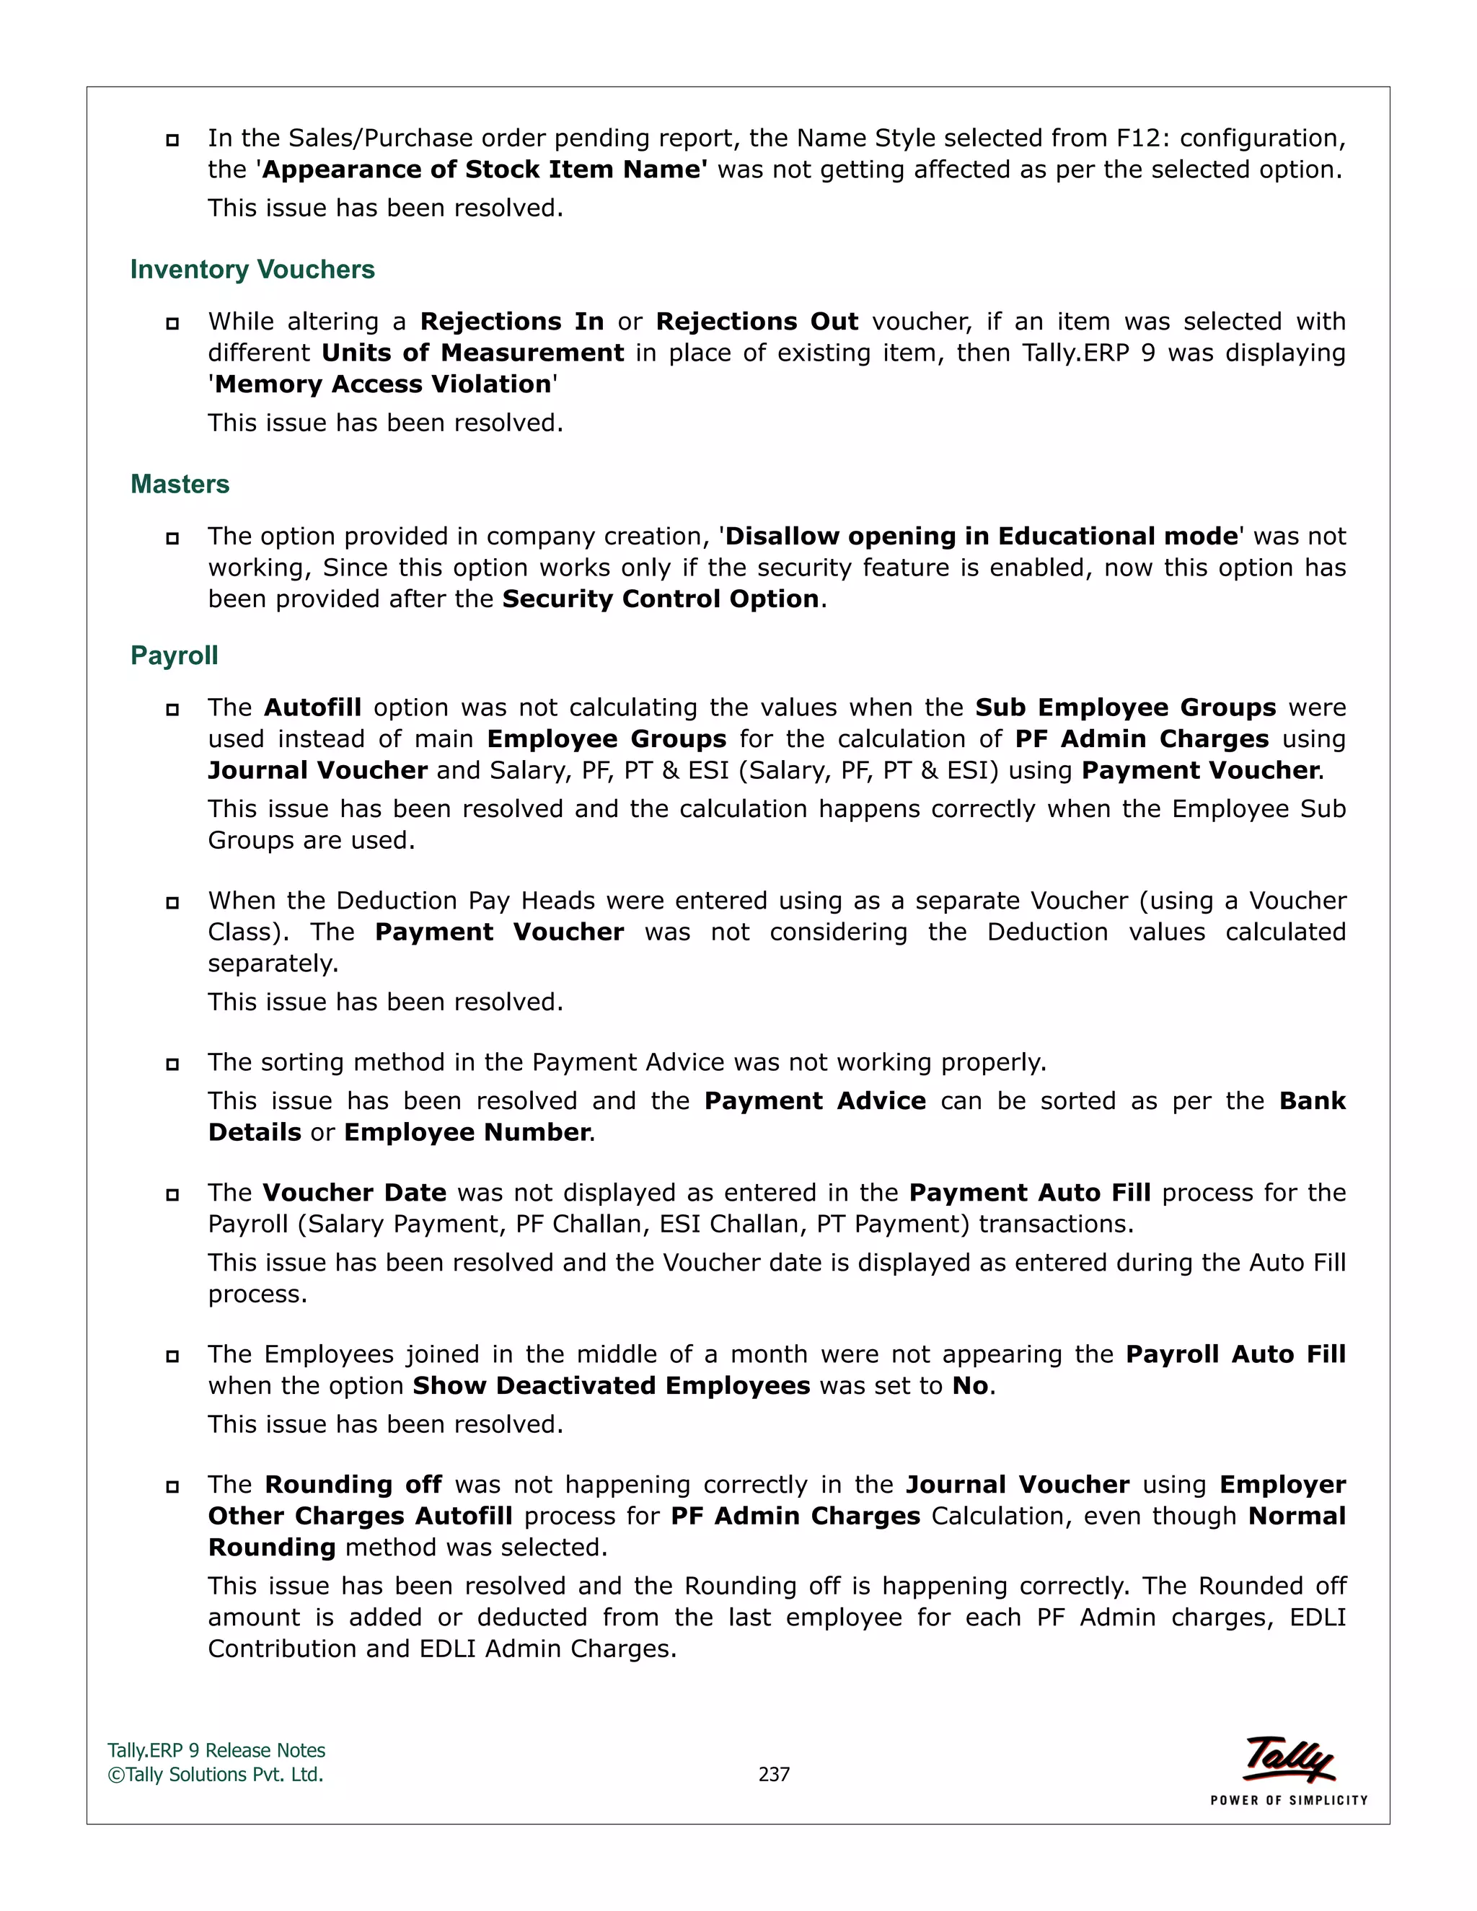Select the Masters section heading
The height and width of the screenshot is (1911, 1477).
click(x=180, y=484)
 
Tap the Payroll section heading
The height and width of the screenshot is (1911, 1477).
click(x=174, y=656)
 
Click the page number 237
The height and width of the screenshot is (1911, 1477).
click(x=774, y=1775)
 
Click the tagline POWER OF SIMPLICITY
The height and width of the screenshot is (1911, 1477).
click(x=1288, y=1801)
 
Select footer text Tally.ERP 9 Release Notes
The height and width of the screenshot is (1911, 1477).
click(x=216, y=1751)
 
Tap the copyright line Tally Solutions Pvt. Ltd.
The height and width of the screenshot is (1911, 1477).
click(x=216, y=1775)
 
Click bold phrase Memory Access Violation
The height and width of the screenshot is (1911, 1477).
click(x=383, y=384)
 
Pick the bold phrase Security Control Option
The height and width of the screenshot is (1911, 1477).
click(x=661, y=599)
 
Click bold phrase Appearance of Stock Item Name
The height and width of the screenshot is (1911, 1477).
click(x=484, y=169)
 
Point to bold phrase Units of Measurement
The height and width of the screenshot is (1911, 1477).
click(x=472, y=353)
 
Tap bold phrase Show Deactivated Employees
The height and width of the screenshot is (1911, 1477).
click(x=611, y=1386)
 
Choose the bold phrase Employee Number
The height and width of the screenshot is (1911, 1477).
click(x=467, y=1132)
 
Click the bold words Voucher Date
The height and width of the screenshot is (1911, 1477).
click(x=354, y=1193)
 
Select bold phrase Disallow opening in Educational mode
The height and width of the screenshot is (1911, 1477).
click(x=982, y=537)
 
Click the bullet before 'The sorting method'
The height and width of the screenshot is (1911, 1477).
click(x=172, y=1064)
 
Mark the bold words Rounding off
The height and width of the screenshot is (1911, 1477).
click(x=353, y=1485)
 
